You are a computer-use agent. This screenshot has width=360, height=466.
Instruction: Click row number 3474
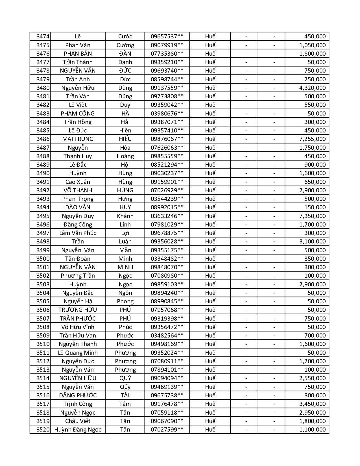[x=43, y=36]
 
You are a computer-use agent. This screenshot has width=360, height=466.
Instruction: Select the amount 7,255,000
[x=312, y=139]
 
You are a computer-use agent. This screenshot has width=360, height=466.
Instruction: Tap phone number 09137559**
[x=167, y=88]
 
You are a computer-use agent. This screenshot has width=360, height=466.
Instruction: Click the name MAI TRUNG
[x=78, y=139]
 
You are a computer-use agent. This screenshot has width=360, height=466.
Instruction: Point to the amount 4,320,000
[x=312, y=88]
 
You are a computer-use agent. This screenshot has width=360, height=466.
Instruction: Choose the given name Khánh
[x=125, y=216]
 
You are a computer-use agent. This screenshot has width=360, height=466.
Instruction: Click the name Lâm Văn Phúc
[x=78, y=233]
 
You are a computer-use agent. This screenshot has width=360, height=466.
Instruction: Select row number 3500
[x=43, y=259]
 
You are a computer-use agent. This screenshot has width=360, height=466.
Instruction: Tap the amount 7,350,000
[x=312, y=216]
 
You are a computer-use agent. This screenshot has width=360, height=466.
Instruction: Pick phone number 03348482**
[x=167, y=259]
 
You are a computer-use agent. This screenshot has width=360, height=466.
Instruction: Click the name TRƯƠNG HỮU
[x=78, y=310]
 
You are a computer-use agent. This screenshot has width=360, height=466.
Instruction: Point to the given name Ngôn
[x=125, y=293]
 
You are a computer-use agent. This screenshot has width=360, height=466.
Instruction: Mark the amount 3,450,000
[x=312, y=404]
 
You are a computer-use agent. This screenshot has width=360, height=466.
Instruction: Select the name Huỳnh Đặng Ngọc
[x=78, y=430]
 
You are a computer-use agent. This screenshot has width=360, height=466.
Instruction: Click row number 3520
[x=43, y=430]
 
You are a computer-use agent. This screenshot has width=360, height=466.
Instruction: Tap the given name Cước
[x=125, y=36]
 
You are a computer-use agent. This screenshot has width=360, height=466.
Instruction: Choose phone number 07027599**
[x=167, y=430]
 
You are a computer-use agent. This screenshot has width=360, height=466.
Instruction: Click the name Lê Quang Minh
[x=78, y=353]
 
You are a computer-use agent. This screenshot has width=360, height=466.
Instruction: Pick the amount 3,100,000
[x=312, y=241]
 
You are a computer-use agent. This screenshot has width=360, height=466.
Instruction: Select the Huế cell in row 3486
[x=210, y=139]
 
